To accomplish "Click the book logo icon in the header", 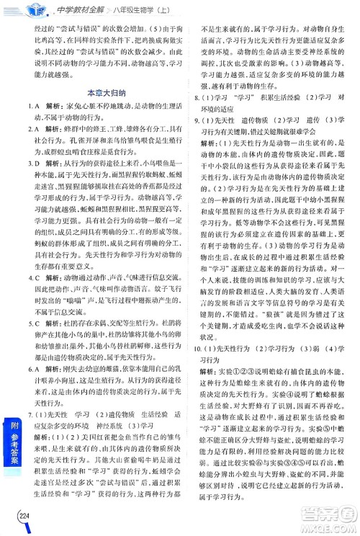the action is [28, 9].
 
